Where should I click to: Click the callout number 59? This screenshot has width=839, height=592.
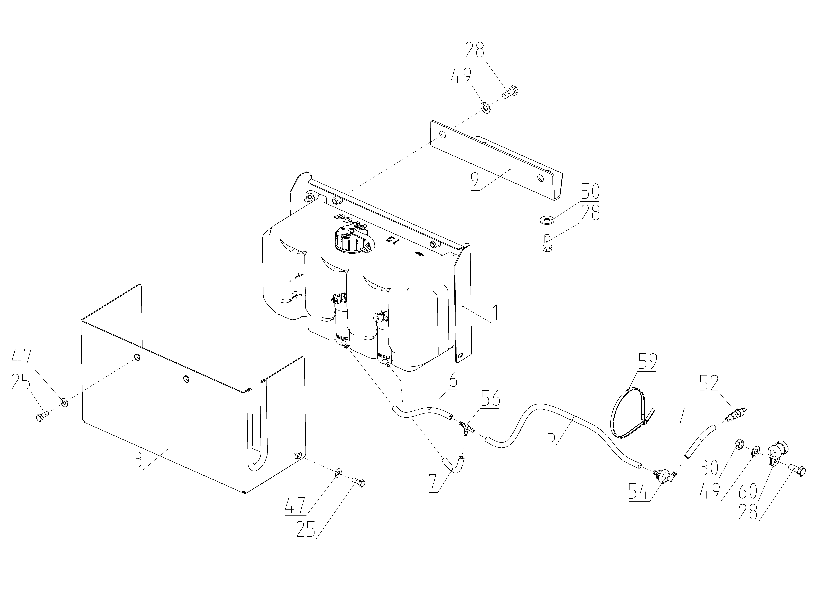[647, 362]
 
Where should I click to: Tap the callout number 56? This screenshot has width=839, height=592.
[490, 399]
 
